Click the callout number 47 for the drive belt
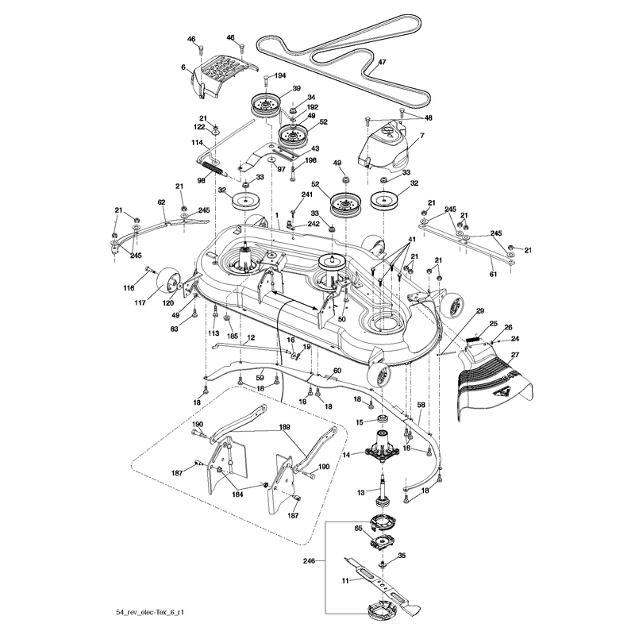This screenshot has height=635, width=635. point(382,62)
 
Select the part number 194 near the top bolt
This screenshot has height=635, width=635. point(280,75)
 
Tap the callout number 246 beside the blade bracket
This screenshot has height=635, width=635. point(309,561)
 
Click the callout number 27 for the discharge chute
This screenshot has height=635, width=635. point(514,355)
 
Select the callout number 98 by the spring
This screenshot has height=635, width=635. point(202,181)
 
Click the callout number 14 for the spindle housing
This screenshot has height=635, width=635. point(346,455)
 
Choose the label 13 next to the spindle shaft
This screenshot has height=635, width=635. point(361,492)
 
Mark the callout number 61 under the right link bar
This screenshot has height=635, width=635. point(493,274)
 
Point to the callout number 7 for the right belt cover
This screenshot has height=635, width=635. point(422,136)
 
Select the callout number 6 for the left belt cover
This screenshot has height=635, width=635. point(183,67)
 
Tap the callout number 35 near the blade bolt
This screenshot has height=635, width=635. point(402,556)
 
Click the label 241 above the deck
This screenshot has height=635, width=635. point(307,194)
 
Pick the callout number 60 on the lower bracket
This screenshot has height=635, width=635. point(337,371)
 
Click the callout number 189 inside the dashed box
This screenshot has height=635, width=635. point(284,427)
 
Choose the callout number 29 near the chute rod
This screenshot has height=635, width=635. point(480,311)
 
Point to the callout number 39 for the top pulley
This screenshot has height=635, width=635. point(296,89)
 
